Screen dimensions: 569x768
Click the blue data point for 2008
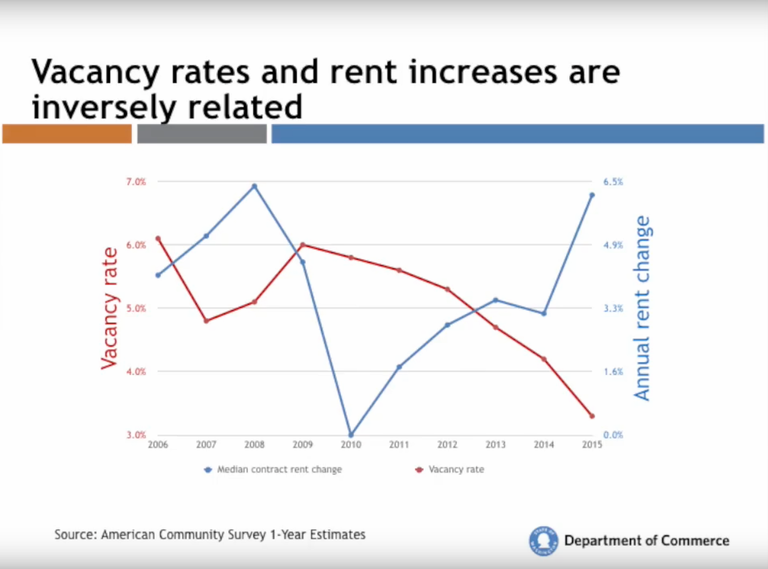pos(254,186)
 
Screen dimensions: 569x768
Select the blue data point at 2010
pos(351,435)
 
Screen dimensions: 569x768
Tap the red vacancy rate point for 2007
pos(206,321)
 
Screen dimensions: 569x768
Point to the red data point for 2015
pos(592,416)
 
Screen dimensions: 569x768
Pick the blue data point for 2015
pos(592,195)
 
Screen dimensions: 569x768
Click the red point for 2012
pos(447,289)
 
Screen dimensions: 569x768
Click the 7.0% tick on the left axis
pos(136,182)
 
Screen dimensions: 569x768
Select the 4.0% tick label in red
pos(136,371)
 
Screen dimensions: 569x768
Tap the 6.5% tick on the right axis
pos(613,182)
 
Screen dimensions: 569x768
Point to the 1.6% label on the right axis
pos(613,371)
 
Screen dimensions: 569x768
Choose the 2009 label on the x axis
pos(302,445)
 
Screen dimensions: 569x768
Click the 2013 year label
pos(495,445)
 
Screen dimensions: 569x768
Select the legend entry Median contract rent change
pos(279,469)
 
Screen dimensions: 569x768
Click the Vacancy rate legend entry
pos(456,469)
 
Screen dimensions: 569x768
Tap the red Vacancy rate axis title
pos(109,308)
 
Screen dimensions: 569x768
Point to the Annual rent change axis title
pos(642,308)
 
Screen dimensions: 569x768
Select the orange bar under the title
pos(67,133)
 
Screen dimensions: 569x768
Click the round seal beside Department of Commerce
pos(543,541)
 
